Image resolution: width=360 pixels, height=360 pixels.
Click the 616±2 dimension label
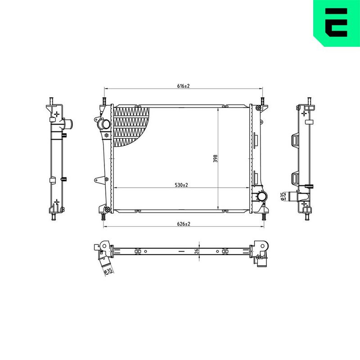click(x=184, y=86)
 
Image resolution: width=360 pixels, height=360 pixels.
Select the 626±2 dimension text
click(x=184, y=224)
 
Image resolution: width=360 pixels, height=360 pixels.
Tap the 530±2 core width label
click(x=181, y=185)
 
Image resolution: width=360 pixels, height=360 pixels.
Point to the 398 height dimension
click(x=216, y=159)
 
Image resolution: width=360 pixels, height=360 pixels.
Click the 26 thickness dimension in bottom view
click(x=197, y=251)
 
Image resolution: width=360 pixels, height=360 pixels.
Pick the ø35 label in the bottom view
click(x=108, y=271)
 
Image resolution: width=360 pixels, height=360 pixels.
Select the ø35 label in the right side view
click(x=283, y=197)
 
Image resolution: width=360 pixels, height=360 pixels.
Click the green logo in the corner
click(x=337, y=23)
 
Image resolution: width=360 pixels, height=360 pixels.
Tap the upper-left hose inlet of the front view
click(x=104, y=124)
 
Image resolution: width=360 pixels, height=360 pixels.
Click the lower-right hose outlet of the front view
click(x=262, y=197)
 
